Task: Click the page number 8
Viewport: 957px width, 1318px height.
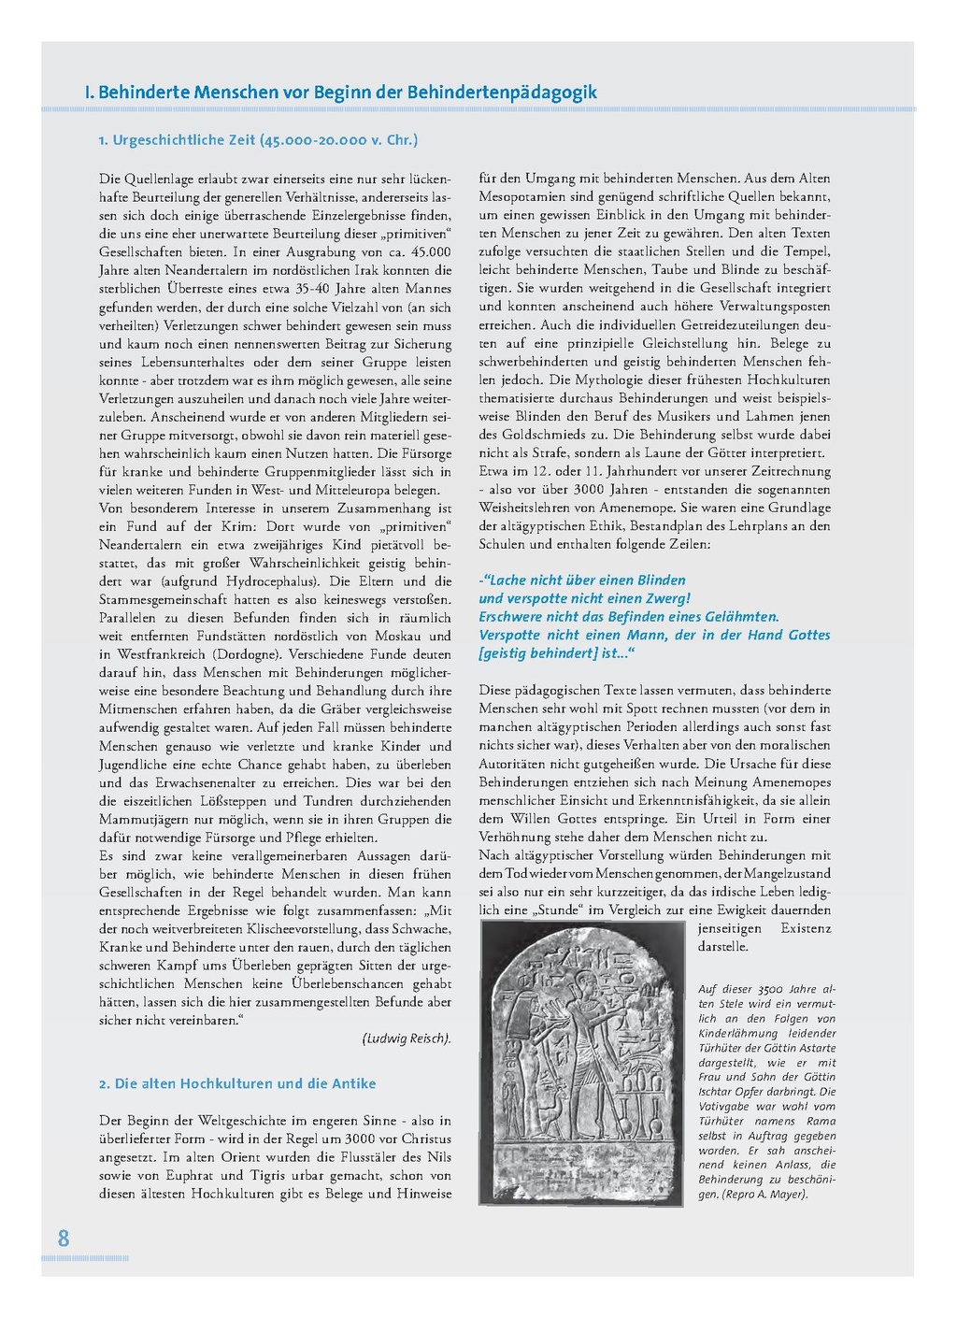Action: coord(64,1239)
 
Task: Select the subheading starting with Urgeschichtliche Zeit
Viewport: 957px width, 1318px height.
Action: coord(258,140)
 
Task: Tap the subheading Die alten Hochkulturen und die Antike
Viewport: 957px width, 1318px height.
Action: coord(237,1083)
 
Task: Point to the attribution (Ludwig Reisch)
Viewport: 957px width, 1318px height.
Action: coord(407,1039)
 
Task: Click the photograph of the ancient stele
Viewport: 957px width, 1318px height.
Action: coord(581,1062)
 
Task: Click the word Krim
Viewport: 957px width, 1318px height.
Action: coord(235,526)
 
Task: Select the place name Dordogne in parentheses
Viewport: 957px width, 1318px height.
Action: coord(248,654)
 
